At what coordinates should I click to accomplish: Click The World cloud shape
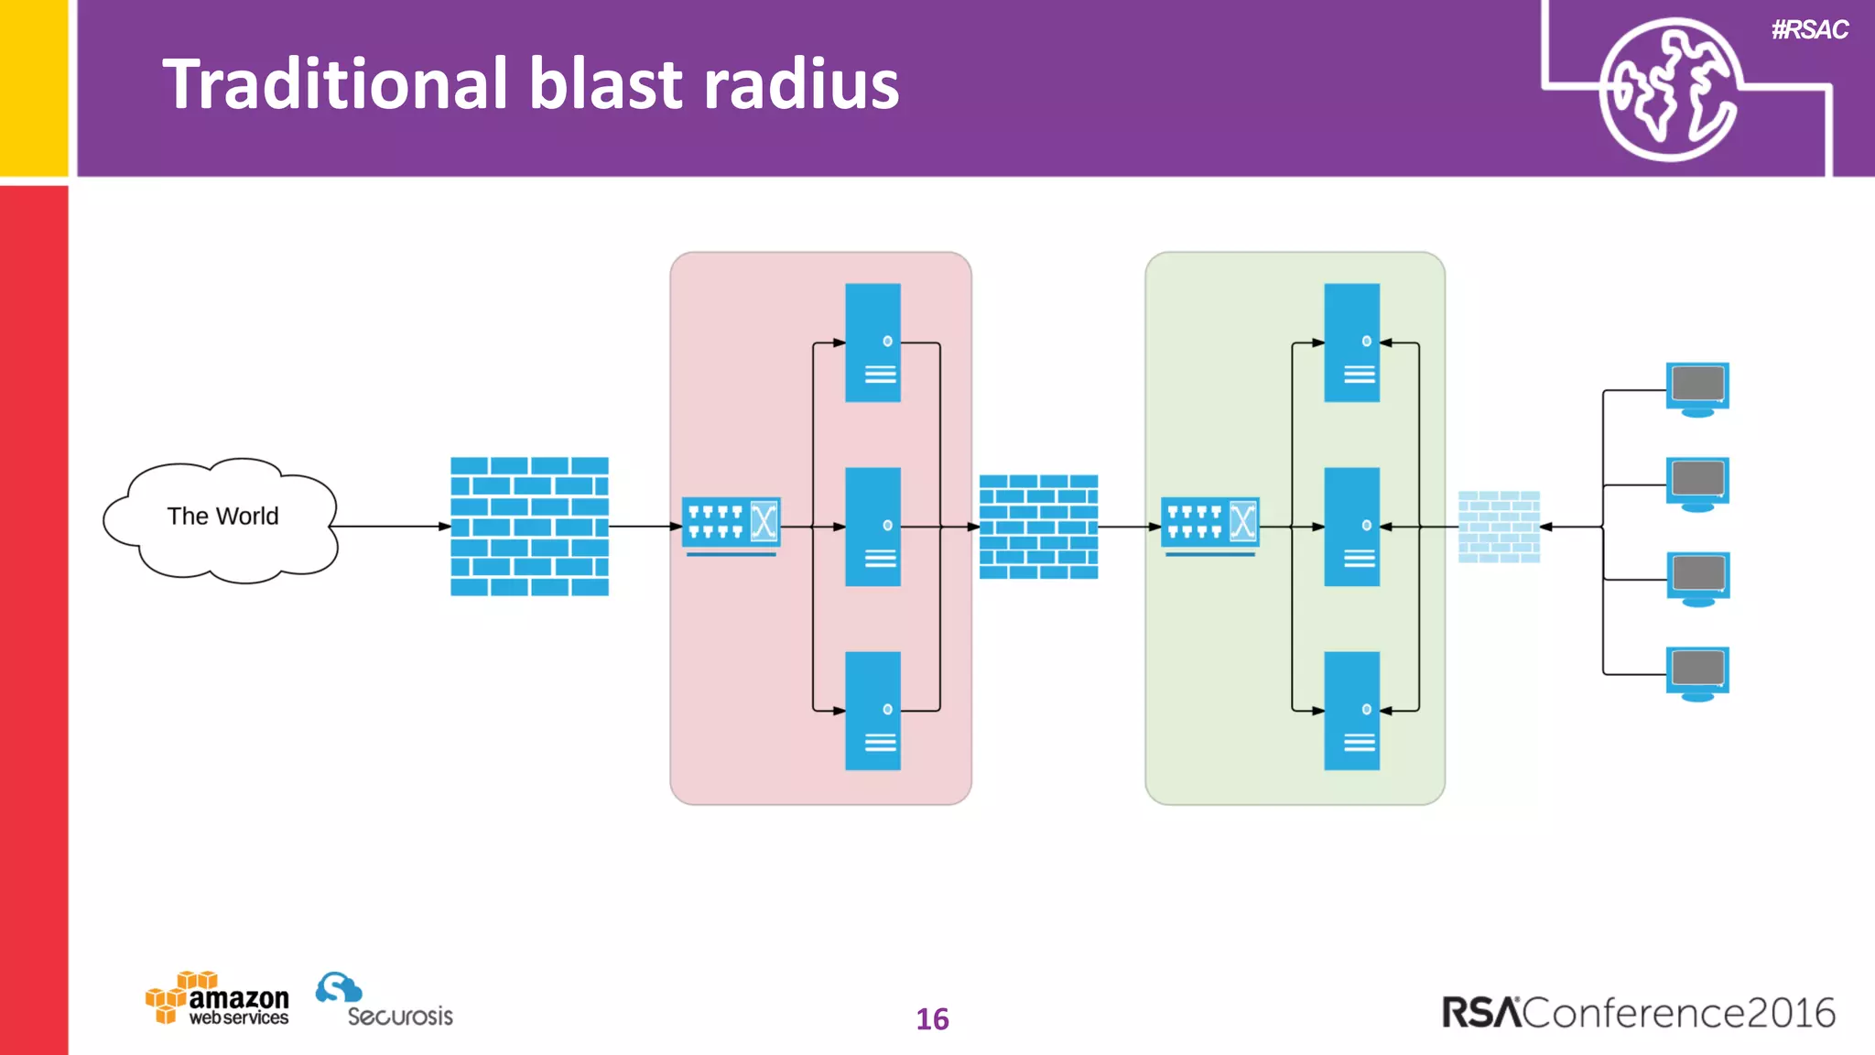(x=222, y=518)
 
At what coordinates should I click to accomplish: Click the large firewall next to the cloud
(x=529, y=527)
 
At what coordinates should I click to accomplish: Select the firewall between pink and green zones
(x=1038, y=527)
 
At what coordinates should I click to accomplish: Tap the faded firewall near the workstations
(x=1499, y=527)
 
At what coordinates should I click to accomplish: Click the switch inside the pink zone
(x=731, y=524)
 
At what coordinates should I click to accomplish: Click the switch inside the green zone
(x=1209, y=524)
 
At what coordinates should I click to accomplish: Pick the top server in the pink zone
(x=872, y=343)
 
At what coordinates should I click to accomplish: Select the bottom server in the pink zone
(x=872, y=711)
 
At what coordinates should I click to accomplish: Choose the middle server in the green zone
(x=1351, y=527)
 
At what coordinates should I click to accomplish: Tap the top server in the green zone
(x=1351, y=343)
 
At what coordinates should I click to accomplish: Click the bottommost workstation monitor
(x=1697, y=672)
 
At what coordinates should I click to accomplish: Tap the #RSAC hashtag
(x=1809, y=30)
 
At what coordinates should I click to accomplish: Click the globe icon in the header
(x=1668, y=90)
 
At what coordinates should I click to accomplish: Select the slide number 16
(x=932, y=1019)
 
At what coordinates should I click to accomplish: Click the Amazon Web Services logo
(x=218, y=999)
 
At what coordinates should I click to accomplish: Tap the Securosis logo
(x=385, y=1001)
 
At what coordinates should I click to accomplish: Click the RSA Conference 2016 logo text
(x=1638, y=1013)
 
